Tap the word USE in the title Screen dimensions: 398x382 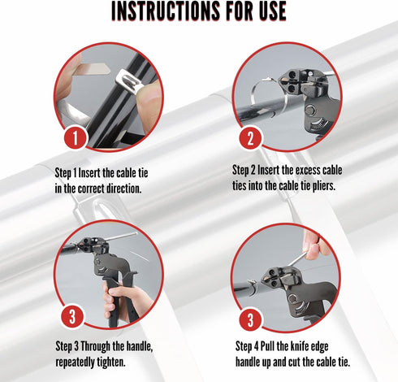tap(273, 11)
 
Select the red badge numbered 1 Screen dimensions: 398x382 tap(76, 137)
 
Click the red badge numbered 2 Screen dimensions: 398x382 tap(250, 138)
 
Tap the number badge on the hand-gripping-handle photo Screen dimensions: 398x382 tap(72, 316)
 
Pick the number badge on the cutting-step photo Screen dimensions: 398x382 tap(250, 320)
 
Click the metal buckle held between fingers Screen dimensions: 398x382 tap(129, 80)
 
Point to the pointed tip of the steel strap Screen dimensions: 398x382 tap(109, 69)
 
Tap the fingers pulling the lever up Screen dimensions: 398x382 tap(314, 245)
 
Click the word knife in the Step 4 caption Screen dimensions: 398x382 tap(301, 346)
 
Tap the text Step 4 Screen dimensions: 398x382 tap(247, 347)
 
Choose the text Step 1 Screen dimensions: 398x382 tap(66, 173)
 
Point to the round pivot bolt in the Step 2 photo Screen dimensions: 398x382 tap(310, 110)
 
